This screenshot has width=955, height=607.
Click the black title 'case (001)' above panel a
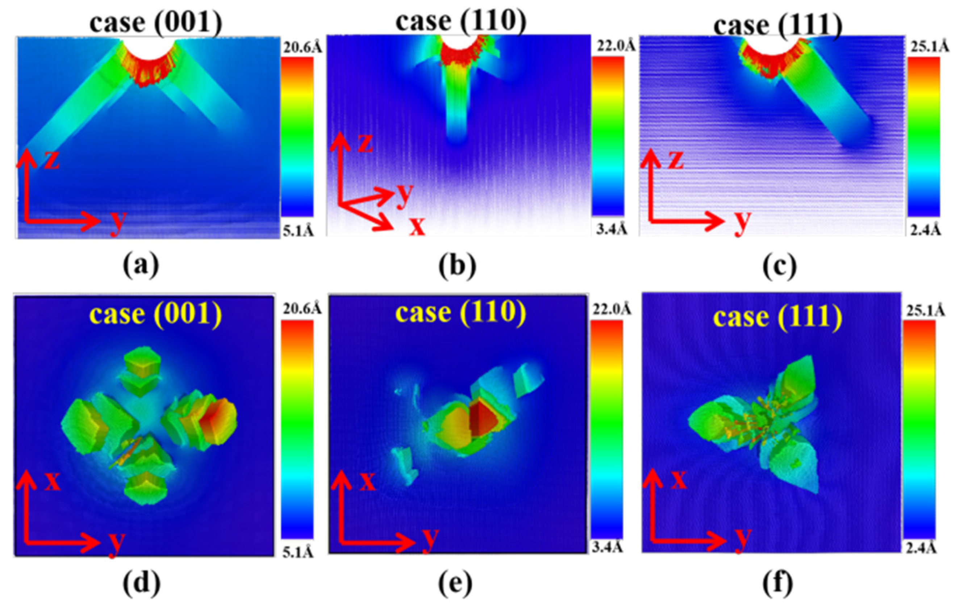[x=156, y=22]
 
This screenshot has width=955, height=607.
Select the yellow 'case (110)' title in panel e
[x=460, y=313]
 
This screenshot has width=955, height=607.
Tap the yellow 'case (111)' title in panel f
[x=778, y=317]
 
